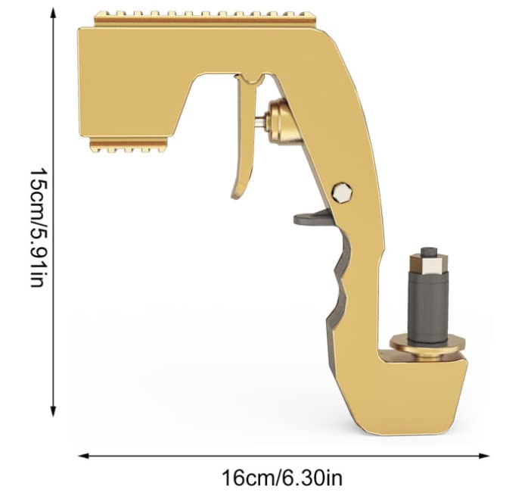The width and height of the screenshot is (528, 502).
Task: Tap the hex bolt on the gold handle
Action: coord(343,192)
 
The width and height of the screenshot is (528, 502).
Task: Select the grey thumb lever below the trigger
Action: coord(309,218)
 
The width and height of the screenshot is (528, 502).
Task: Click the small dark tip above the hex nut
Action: coord(427,251)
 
